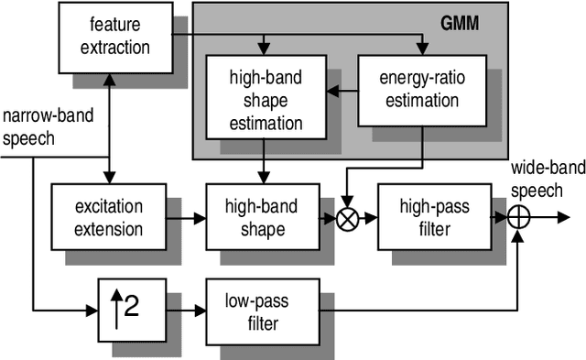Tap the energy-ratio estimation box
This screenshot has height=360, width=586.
(x=421, y=90)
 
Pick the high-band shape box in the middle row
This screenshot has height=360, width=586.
(x=262, y=217)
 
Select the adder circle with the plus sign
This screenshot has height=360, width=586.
(x=518, y=218)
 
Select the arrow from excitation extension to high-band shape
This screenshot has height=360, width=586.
(x=184, y=218)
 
